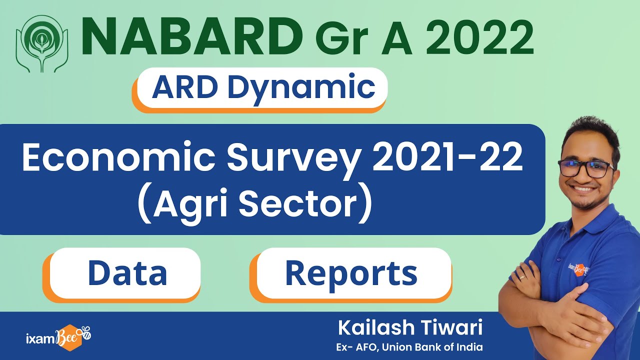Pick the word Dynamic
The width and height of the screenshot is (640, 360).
pos(301,87)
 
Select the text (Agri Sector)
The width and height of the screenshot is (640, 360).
pos(255,205)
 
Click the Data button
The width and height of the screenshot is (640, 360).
pos(127,273)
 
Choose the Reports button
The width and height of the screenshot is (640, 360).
pos(351,273)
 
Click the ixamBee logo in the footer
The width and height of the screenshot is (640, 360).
pos(57,335)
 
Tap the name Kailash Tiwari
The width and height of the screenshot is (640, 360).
pos(410,328)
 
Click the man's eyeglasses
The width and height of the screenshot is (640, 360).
pos(586,168)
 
